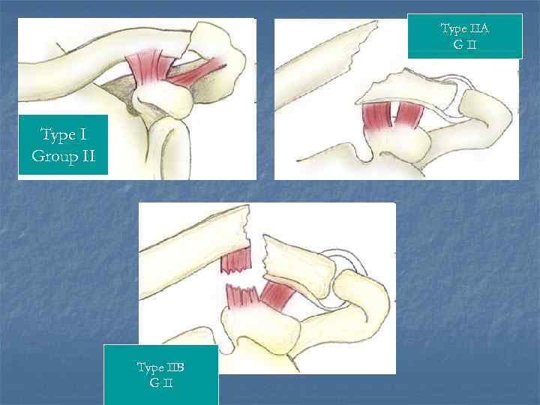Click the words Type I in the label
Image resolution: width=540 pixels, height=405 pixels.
click(63, 135)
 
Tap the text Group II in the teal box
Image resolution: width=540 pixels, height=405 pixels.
click(63, 156)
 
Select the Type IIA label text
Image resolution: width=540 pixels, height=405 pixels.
click(464, 29)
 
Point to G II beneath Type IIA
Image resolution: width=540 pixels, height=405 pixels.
click(464, 45)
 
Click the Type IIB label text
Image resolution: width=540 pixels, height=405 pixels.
click(160, 367)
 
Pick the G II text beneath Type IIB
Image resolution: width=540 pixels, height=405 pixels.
click(160, 384)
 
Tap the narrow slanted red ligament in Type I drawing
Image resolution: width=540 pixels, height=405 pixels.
click(196, 72)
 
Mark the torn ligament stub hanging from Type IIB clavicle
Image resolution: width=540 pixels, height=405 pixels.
click(236, 261)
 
